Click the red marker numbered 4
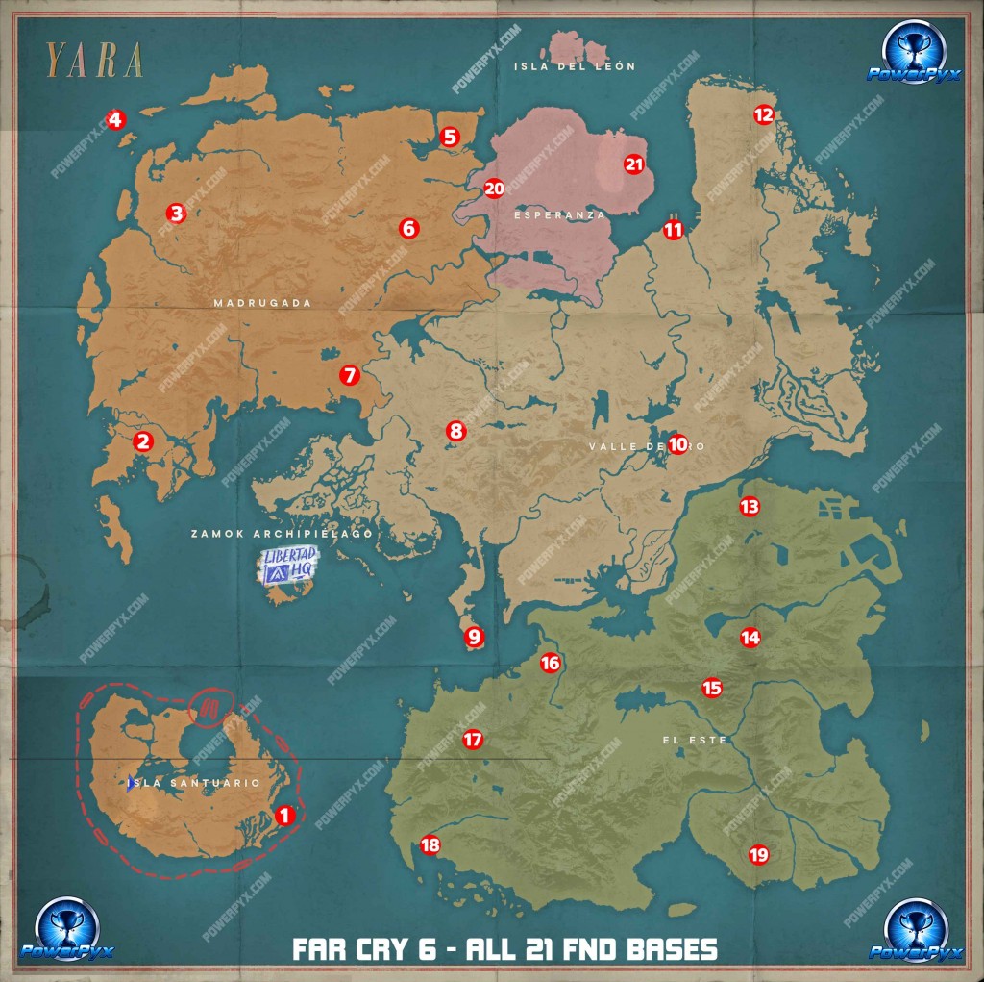point(115,120)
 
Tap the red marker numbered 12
point(763,115)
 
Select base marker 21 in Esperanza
point(633,164)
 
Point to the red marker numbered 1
point(283,816)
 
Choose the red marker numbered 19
point(758,854)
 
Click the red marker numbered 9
point(473,636)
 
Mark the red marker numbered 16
point(550,663)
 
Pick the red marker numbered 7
point(349,375)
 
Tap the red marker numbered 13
point(749,507)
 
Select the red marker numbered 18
point(430,845)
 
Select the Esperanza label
point(560,215)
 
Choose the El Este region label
point(694,741)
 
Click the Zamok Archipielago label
point(281,533)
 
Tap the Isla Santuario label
point(197,783)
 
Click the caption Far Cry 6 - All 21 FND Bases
point(504,950)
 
